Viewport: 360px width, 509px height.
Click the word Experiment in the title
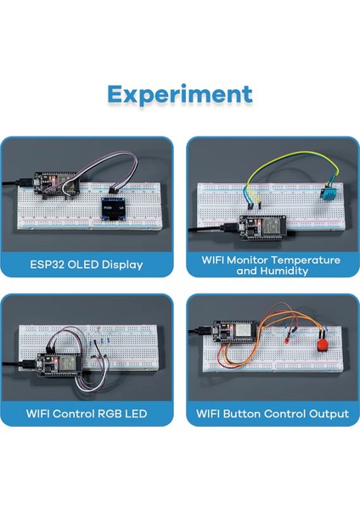click(180, 93)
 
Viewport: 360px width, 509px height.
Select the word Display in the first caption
click(122, 266)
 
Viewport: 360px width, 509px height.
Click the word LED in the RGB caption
click(134, 414)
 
